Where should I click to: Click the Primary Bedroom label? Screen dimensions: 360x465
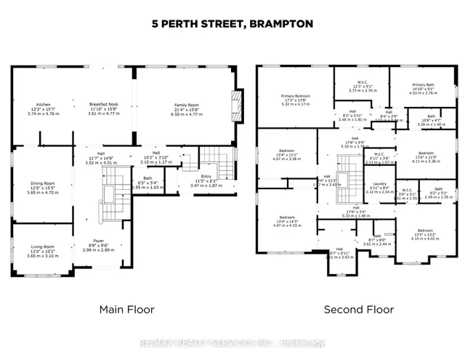pos(296,99)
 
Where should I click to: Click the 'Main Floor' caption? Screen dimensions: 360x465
pos(127,309)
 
